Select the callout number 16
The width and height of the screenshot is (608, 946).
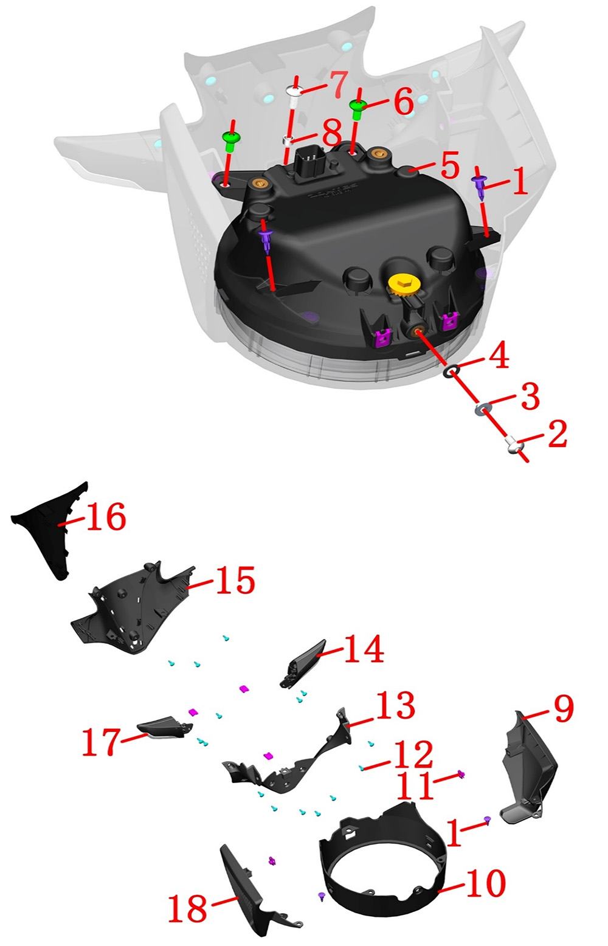[106, 517]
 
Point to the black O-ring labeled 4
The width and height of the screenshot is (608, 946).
[451, 371]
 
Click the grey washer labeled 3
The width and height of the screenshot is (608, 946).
[482, 408]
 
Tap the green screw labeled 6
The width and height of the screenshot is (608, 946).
[358, 109]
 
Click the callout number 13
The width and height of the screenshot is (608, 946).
[395, 706]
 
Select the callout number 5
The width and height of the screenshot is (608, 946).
[450, 165]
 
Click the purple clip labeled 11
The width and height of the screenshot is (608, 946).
[461, 775]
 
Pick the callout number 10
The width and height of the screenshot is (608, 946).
[486, 882]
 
